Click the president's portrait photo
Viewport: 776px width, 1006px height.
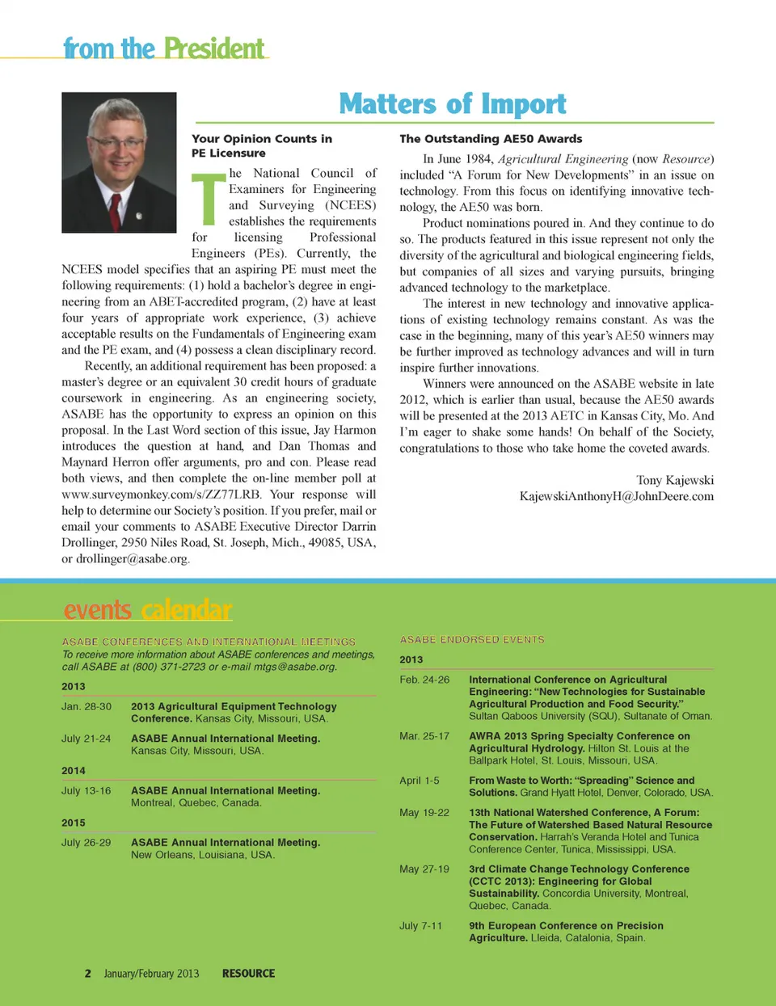(x=119, y=162)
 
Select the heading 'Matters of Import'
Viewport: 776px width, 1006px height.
(x=453, y=103)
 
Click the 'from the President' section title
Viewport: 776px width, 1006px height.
(x=164, y=48)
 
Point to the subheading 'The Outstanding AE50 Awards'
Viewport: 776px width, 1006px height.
(x=491, y=139)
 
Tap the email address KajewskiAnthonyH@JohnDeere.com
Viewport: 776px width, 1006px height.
(x=616, y=496)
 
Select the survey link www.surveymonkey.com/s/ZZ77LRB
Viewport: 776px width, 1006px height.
(x=161, y=495)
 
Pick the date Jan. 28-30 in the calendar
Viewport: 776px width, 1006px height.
(x=86, y=706)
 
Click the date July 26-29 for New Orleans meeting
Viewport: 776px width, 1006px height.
(x=86, y=842)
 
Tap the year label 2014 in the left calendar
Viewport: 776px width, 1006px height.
(x=74, y=771)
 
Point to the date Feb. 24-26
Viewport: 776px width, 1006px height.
(x=424, y=680)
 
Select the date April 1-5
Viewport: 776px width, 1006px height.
(x=420, y=781)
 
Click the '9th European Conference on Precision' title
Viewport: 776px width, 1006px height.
(x=566, y=926)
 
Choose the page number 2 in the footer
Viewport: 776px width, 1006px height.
(x=88, y=974)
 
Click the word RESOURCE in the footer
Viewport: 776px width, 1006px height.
(x=248, y=974)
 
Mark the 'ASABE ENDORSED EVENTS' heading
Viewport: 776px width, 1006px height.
(x=472, y=639)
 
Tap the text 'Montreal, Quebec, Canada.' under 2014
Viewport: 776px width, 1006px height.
(x=196, y=803)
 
